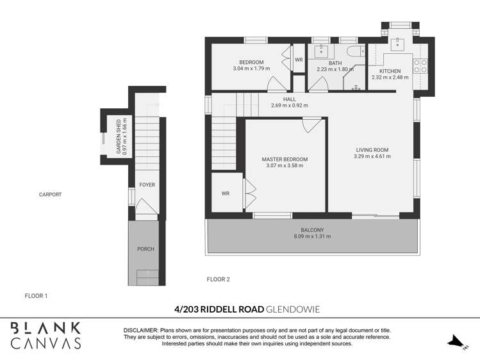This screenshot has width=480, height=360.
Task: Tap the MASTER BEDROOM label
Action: click(x=285, y=159)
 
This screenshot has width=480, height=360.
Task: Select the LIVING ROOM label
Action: click(x=373, y=150)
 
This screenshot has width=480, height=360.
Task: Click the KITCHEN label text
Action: click(x=390, y=71)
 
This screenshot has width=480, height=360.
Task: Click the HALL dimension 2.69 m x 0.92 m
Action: click(x=289, y=106)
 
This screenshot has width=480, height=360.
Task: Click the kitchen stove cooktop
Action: click(x=422, y=67)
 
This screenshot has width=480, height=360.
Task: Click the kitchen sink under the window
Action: click(x=398, y=44)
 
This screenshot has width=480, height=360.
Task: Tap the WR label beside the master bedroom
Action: click(x=226, y=193)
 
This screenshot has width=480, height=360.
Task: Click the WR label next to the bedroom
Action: click(x=299, y=60)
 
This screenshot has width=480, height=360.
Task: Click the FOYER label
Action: click(x=147, y=185)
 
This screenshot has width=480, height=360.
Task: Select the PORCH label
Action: click(x=145, y=249)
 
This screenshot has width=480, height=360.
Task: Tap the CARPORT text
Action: click(x=50, y=195)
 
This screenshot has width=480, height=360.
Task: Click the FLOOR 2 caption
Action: click(x=218, y=279)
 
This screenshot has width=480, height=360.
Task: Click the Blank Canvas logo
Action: click(x=46, y=335)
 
